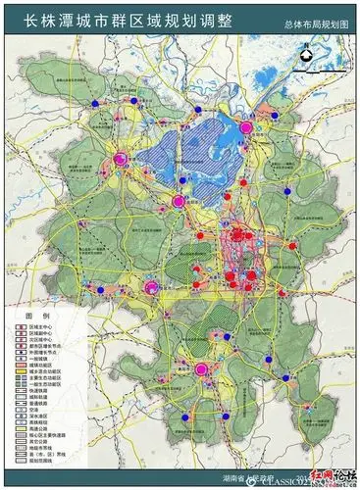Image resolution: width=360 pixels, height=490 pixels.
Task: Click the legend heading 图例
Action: point(36,318)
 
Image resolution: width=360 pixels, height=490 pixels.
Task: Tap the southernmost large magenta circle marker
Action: point(202,369)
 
